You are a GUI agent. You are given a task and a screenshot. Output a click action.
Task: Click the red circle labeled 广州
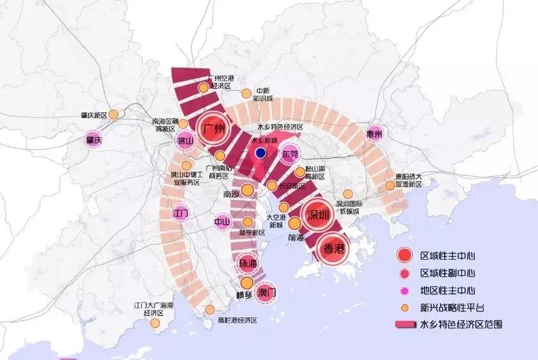213,129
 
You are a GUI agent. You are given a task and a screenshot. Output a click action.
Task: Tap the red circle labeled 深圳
317,215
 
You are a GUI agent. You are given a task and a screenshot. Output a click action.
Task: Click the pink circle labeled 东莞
290,154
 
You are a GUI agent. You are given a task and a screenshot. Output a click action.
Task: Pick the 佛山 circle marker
184,141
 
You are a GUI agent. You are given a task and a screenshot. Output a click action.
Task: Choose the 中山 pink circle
221,222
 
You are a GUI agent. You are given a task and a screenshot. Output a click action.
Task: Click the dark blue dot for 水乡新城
260,153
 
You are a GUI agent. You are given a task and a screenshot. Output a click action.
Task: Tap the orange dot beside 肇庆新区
113,115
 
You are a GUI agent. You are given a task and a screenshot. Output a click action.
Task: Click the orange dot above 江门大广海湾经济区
154,324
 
